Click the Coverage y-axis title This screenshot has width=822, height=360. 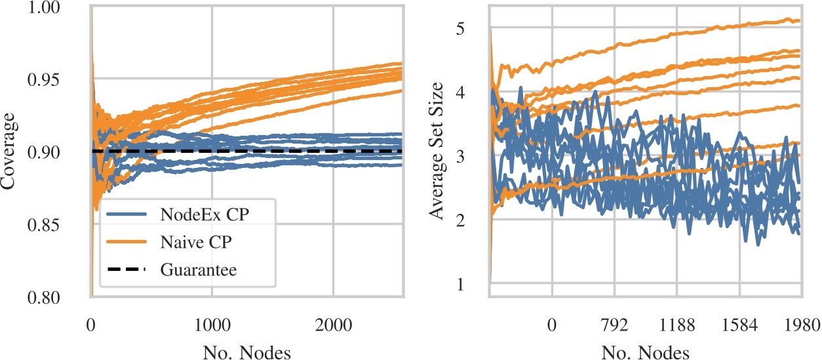coord(11,153)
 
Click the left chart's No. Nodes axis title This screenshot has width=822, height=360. coord(246,352)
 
